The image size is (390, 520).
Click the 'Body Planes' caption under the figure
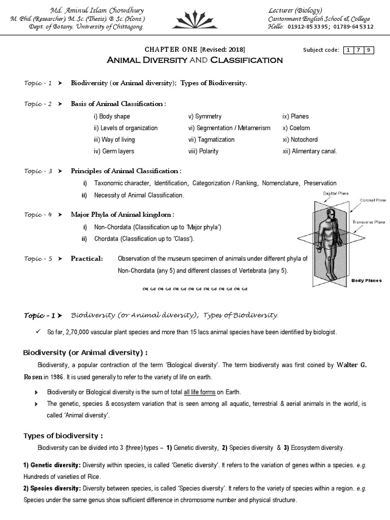click(x=367, y=280)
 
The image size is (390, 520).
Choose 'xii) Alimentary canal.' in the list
click(x=309, y=151)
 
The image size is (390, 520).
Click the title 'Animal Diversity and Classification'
click(x=194, y=60)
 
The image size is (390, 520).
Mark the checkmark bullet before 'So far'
click(x=39, y=332)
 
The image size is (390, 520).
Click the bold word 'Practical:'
click(x=86, y=258)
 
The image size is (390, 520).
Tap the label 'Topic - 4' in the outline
click(x=38, y=215)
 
